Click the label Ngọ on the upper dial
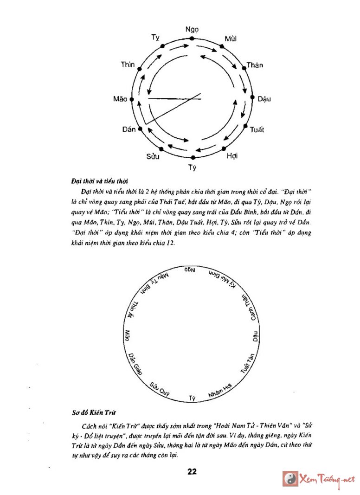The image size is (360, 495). point(192,30)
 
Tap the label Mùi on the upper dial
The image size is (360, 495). point(231,39)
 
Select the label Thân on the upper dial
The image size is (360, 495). point(255,65)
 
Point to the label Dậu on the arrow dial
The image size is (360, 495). point(264,99)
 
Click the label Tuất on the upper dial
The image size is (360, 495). point(257,130)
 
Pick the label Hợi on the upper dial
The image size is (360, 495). point(232,156)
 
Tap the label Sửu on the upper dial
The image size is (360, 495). point(153,156)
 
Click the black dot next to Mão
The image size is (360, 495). point(132,99)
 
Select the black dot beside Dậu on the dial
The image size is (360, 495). point(253,98)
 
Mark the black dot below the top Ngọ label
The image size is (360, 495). point(192,39)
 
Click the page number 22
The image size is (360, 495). point(193,472)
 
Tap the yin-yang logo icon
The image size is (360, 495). point(290,478)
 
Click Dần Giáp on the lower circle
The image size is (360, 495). point(134,363)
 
